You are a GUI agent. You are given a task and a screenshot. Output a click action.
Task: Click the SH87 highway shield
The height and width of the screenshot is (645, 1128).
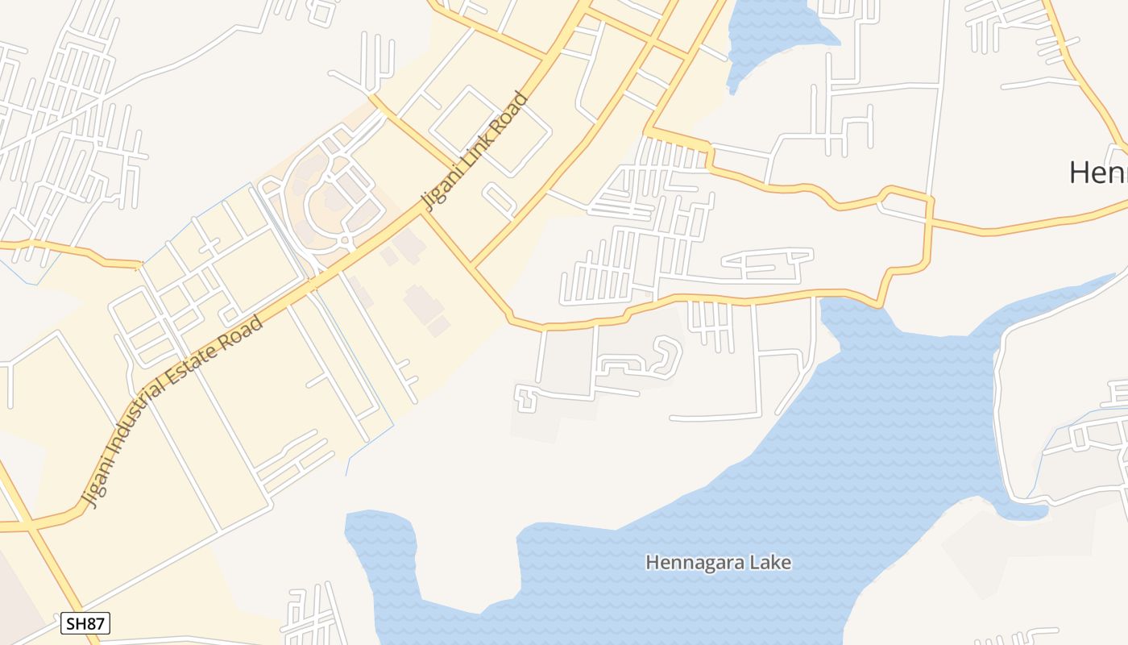pos(85,622)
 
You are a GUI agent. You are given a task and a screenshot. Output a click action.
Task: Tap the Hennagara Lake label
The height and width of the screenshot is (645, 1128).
pos(718,562)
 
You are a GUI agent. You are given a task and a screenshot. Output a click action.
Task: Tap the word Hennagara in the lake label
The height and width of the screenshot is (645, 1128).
pos(695,562)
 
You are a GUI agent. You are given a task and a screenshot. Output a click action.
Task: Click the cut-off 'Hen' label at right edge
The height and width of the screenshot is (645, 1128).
pos(1097,172)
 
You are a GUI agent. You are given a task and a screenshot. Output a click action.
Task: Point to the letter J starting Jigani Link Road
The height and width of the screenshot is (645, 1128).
pos(428,202)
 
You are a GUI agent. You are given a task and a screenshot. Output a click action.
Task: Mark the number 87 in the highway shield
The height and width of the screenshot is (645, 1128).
pos(96,622)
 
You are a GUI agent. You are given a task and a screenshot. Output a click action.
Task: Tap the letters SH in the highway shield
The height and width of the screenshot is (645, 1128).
pos(75,622)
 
